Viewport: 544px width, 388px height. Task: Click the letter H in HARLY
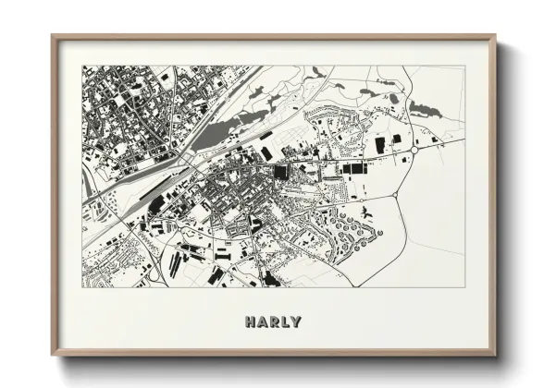pyautogui.click(x=251, y=322)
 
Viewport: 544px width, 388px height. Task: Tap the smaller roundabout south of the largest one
pyautogui.click(x=395, y=195)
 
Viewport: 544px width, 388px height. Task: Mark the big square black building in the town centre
pyautogui.click(x=280, y=171)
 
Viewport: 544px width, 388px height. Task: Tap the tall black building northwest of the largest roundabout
pyautogui.click(x=380, y=145)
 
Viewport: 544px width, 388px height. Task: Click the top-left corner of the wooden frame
pyautogui.click(x=52, y=37)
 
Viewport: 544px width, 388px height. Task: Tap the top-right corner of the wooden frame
pyautogui.click(x=496, y=37)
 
